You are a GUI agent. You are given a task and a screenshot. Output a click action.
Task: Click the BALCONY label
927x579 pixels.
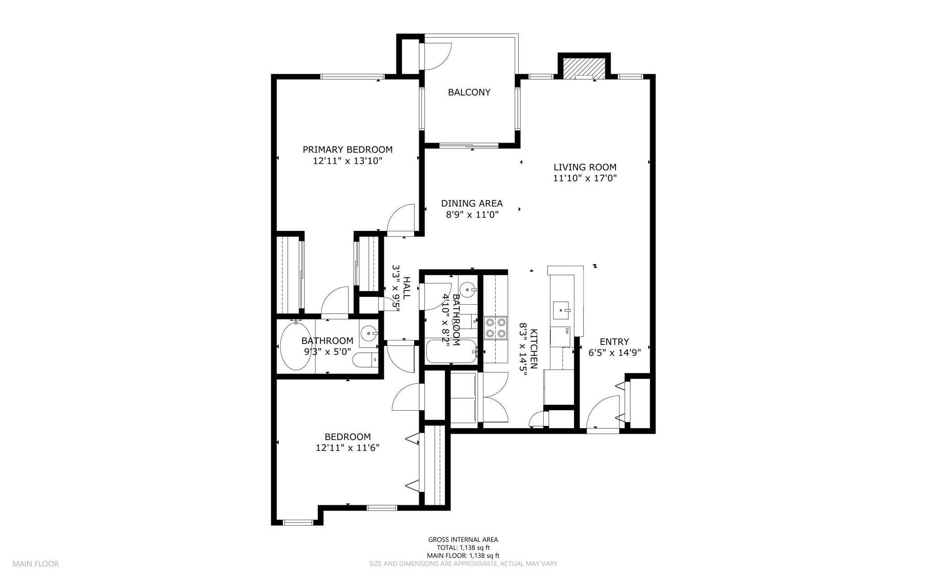[x=469, y=92]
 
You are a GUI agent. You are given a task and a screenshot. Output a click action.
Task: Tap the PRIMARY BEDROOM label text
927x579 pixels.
[x=348, y=149]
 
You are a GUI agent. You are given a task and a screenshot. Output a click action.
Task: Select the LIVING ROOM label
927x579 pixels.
[x=585, y=167]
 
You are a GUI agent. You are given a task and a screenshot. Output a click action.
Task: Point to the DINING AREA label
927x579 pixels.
[x=472, y=204]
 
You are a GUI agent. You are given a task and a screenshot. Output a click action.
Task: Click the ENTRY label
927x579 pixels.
[x=614, y=342]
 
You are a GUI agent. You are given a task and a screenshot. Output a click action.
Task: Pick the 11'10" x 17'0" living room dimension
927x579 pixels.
[x=585, y=178]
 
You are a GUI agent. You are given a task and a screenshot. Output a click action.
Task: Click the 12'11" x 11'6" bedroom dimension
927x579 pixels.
[x=348, y=448]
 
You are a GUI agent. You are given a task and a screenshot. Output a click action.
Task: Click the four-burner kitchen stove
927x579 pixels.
[x=496, y=328]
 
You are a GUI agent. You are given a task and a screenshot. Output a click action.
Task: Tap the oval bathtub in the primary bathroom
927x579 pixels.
[x=296, y=346]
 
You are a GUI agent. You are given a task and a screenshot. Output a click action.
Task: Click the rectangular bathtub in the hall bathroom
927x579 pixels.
[x=451, y=352]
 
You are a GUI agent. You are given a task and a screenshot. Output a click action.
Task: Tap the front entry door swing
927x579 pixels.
[x=603, y=412]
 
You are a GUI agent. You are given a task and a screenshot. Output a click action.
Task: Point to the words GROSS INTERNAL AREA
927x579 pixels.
[x=463, y=540]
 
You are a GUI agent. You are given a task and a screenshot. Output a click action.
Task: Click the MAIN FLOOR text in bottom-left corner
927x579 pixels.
[x=35, y=564]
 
